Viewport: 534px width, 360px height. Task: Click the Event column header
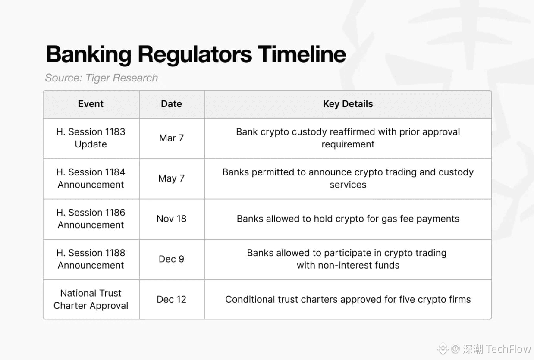pos(91,104)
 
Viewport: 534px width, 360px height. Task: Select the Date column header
pos(171,104)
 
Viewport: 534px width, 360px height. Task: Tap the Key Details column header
pos(348,104)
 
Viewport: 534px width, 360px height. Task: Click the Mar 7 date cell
pos(171,138)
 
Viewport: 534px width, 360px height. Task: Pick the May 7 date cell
pos(171,178)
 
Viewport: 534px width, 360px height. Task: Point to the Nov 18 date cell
pos(171,219)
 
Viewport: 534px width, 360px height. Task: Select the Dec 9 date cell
pos(171,259)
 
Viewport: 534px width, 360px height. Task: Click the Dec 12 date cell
pos(171,300)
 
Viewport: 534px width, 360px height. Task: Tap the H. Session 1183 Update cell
pos(91,138)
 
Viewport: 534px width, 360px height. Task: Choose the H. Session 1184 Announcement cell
pos(91,178)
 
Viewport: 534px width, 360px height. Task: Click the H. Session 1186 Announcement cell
pos(91,219)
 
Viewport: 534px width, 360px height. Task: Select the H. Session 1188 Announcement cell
pos(91,259)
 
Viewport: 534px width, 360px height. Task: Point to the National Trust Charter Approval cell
pos(91,300)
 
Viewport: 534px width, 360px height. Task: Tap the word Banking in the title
pos(89,55)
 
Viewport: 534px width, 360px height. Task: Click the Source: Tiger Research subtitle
pos(101,78)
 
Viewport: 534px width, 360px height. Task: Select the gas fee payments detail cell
pos(348,219)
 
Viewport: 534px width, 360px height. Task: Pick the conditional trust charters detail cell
pos(348,300)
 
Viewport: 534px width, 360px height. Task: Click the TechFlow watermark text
pos(508,349)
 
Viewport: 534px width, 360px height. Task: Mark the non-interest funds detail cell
pos(348,259)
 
